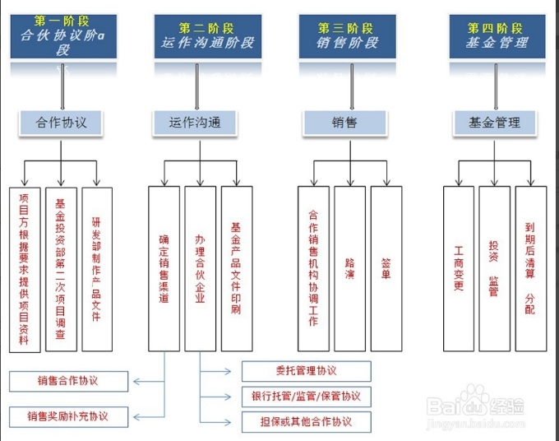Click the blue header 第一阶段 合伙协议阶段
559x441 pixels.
pos(62,35)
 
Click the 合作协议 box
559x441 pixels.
pos(62,123)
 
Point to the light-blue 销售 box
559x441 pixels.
pos(344,123)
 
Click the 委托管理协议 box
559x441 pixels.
pos(306,371)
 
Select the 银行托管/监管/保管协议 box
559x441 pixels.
pos(306,397)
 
